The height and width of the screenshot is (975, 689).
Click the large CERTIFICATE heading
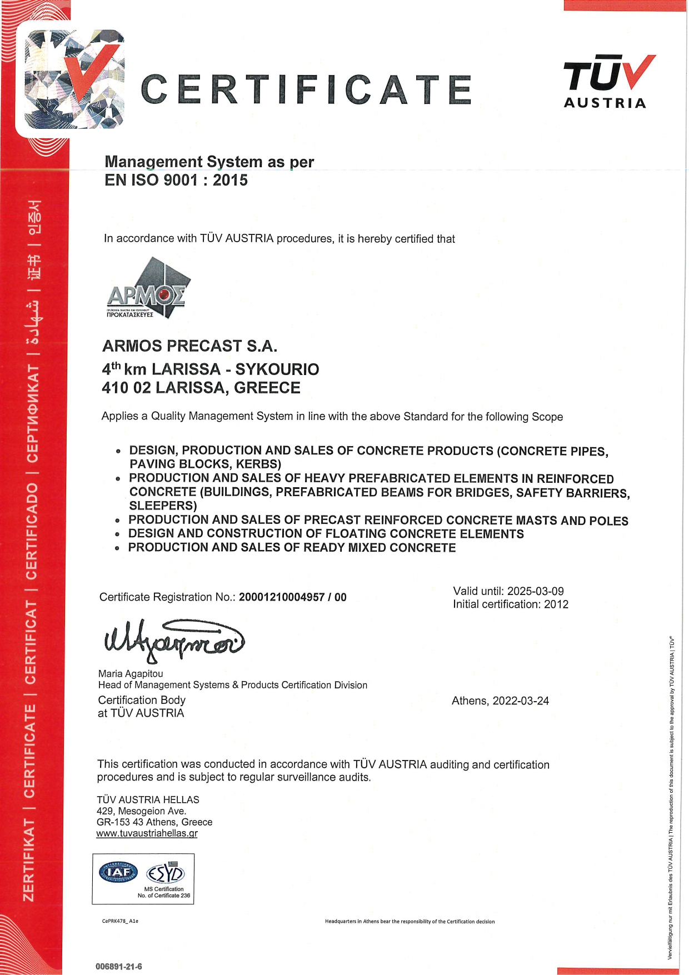click(x=306, y=89)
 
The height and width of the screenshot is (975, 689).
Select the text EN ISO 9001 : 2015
click(x=176, y=180)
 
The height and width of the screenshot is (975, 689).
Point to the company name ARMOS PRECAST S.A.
click(x=189, y=346)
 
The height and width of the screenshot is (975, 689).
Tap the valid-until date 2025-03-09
click(x=535, y=591)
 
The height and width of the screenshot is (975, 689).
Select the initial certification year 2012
click(x=556, y=604)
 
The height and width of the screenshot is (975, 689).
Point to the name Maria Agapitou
click(x=131, y=674)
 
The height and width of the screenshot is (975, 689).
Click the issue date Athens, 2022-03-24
click(x=500, y=701)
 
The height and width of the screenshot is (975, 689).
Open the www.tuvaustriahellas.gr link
click(x=147, y=833)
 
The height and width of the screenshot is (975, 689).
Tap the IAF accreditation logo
click(x=118, y=872)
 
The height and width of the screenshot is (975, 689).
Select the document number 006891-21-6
click(x=118, y=967)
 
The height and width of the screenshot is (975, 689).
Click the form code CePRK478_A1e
click(x=120, y=921)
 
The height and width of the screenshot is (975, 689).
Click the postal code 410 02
click(x=126, y=388)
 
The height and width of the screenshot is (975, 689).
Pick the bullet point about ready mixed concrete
click(x=292, y=548)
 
